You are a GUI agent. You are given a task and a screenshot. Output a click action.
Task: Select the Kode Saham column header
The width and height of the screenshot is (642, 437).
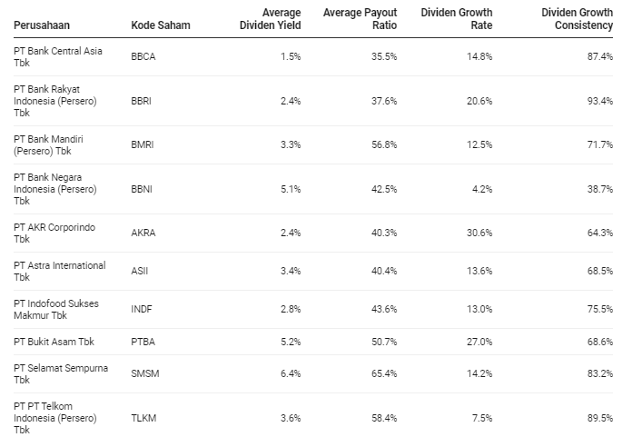click(161, 25)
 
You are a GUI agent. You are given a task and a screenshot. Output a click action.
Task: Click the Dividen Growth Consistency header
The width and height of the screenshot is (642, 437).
click(577, 18)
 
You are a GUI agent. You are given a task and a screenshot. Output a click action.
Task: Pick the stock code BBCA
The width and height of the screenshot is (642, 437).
click(143, 56)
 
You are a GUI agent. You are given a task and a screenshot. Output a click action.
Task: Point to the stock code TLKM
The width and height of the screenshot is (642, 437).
click(143, 418)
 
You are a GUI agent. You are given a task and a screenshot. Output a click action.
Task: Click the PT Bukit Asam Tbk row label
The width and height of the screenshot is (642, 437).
click(54, 342)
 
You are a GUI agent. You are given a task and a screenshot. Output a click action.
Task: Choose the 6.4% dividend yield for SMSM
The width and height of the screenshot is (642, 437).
click(290, 373)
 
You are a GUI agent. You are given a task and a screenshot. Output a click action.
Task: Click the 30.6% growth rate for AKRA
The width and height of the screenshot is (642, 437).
click(479, 233)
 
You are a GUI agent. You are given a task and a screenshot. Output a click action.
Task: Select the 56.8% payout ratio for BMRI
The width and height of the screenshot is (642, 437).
click(385, 144)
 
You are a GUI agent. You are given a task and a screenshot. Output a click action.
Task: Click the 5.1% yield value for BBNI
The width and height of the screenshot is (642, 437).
click(290, 189)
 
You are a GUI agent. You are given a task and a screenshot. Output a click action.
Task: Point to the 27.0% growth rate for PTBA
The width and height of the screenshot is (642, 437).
click(479, 342)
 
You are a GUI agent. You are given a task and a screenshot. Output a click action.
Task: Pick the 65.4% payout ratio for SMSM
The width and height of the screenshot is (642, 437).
click(385, 373)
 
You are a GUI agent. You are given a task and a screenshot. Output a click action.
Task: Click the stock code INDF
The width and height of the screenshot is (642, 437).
click(142, 310)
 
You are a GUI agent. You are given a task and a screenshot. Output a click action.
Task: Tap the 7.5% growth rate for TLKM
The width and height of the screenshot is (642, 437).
click(482, 418)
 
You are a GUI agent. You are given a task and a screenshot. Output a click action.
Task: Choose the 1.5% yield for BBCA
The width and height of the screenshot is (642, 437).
click(290, 56)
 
